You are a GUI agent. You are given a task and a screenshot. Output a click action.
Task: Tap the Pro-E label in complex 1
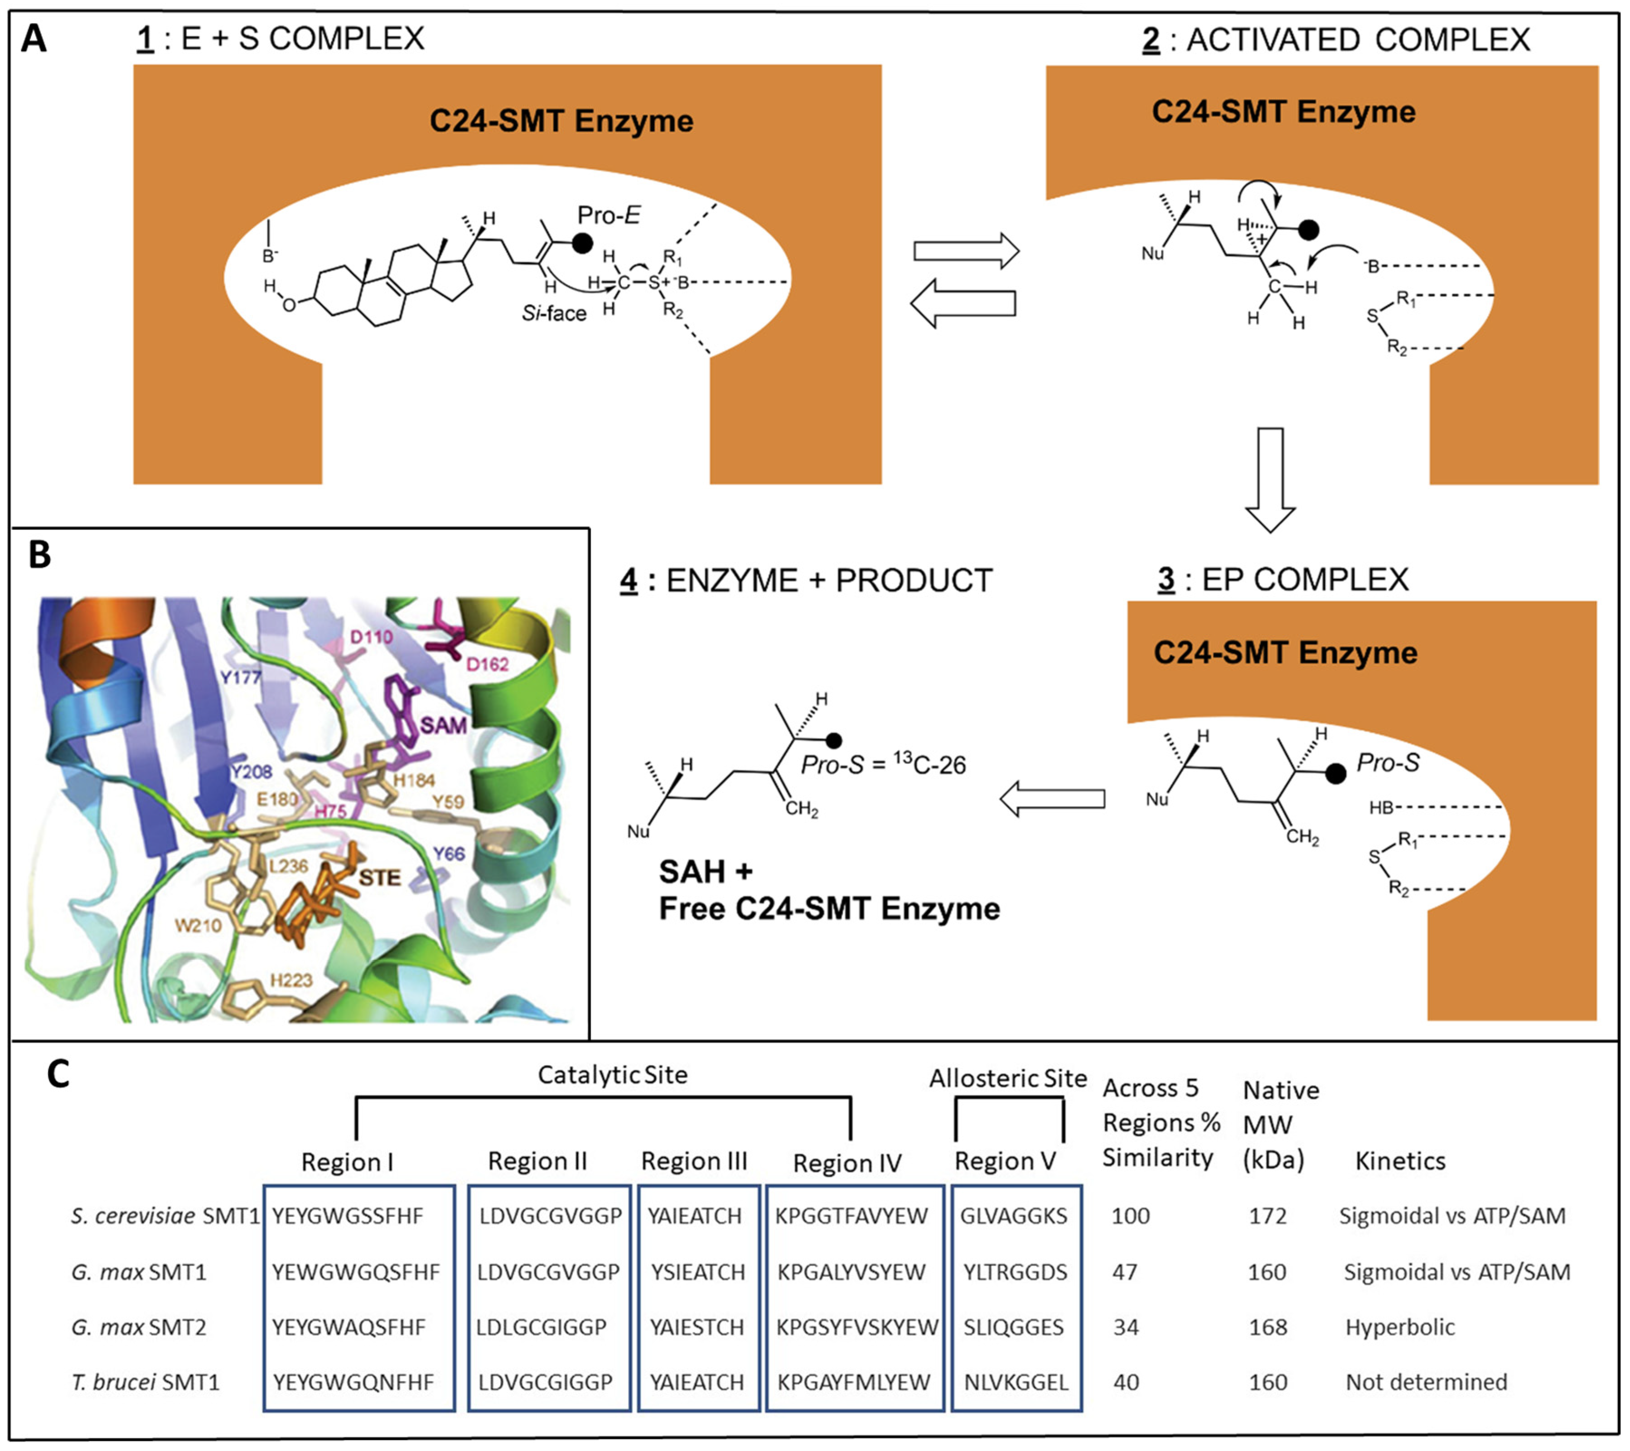click(609, 215)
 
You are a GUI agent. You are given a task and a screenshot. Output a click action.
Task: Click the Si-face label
click(553, 314)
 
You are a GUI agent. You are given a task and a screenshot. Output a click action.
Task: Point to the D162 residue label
click(487, 664)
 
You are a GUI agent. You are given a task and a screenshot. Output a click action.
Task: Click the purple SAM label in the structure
click(443, 725)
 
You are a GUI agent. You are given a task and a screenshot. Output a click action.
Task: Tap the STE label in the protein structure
click(380, 878)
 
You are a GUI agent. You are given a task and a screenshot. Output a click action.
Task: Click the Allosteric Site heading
click(1007, 1078)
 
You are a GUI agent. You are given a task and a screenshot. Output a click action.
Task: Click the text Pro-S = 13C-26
click(883, 764)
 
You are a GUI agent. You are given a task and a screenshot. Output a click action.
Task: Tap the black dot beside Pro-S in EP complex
click(1335, 774)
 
